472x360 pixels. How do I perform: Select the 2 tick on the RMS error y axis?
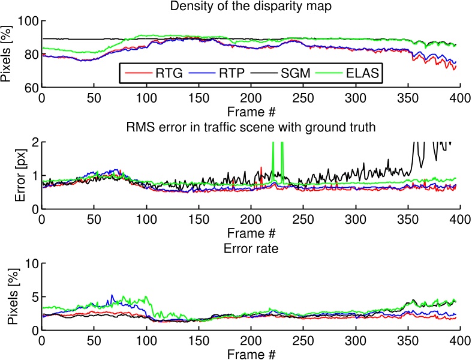coord(35,142)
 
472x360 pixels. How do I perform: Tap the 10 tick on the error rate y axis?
coord(31,263)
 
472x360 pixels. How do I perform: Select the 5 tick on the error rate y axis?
coord(35,296)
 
